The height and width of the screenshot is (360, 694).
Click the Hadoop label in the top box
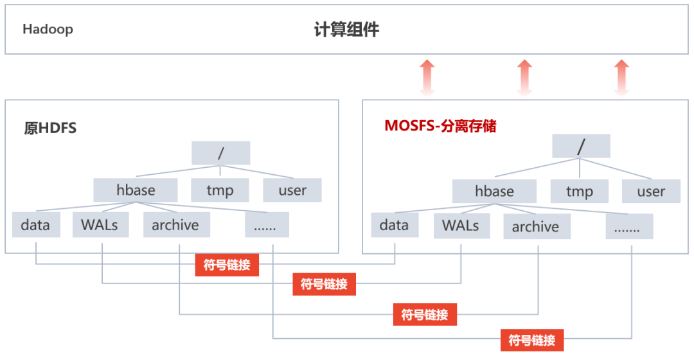coord(48,30)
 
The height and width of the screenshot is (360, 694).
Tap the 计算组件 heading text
coord(346,30)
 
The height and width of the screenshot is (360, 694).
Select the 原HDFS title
coord(50,128)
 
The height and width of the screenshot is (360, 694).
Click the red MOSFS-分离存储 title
coord(440,126)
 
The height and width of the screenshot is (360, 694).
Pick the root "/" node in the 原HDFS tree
coord(220,153)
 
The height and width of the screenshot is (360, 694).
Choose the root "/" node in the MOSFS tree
coord(581,146)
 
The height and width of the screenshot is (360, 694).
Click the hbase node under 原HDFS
coord(135,190)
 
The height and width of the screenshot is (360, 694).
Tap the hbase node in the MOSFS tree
coord(494,191)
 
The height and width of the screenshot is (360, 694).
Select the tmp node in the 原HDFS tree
coord(220,190)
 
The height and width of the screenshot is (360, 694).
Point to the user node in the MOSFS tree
coord(651,191)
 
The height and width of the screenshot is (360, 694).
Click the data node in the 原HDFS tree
coord(35,225)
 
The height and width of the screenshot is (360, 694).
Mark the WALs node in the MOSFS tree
coord(461,226)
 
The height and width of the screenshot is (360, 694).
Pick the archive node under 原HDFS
coord(175,225)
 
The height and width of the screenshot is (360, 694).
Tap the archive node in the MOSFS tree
coord(535,227)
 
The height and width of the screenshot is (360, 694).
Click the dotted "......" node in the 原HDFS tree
coord(267,225)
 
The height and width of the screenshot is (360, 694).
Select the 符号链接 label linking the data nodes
coord(227,264)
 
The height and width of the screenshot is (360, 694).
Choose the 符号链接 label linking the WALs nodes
coord(324,283)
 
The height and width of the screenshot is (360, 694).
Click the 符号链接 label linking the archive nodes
coord(425,314)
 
